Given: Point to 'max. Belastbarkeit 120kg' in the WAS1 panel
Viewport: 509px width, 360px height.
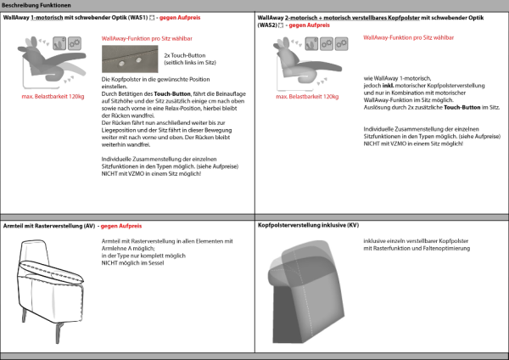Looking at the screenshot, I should [53, 96].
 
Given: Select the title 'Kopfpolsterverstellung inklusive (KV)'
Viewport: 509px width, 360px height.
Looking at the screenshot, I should [309, 227].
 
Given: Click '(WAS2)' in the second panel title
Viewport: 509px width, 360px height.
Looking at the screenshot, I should [269, 25].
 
